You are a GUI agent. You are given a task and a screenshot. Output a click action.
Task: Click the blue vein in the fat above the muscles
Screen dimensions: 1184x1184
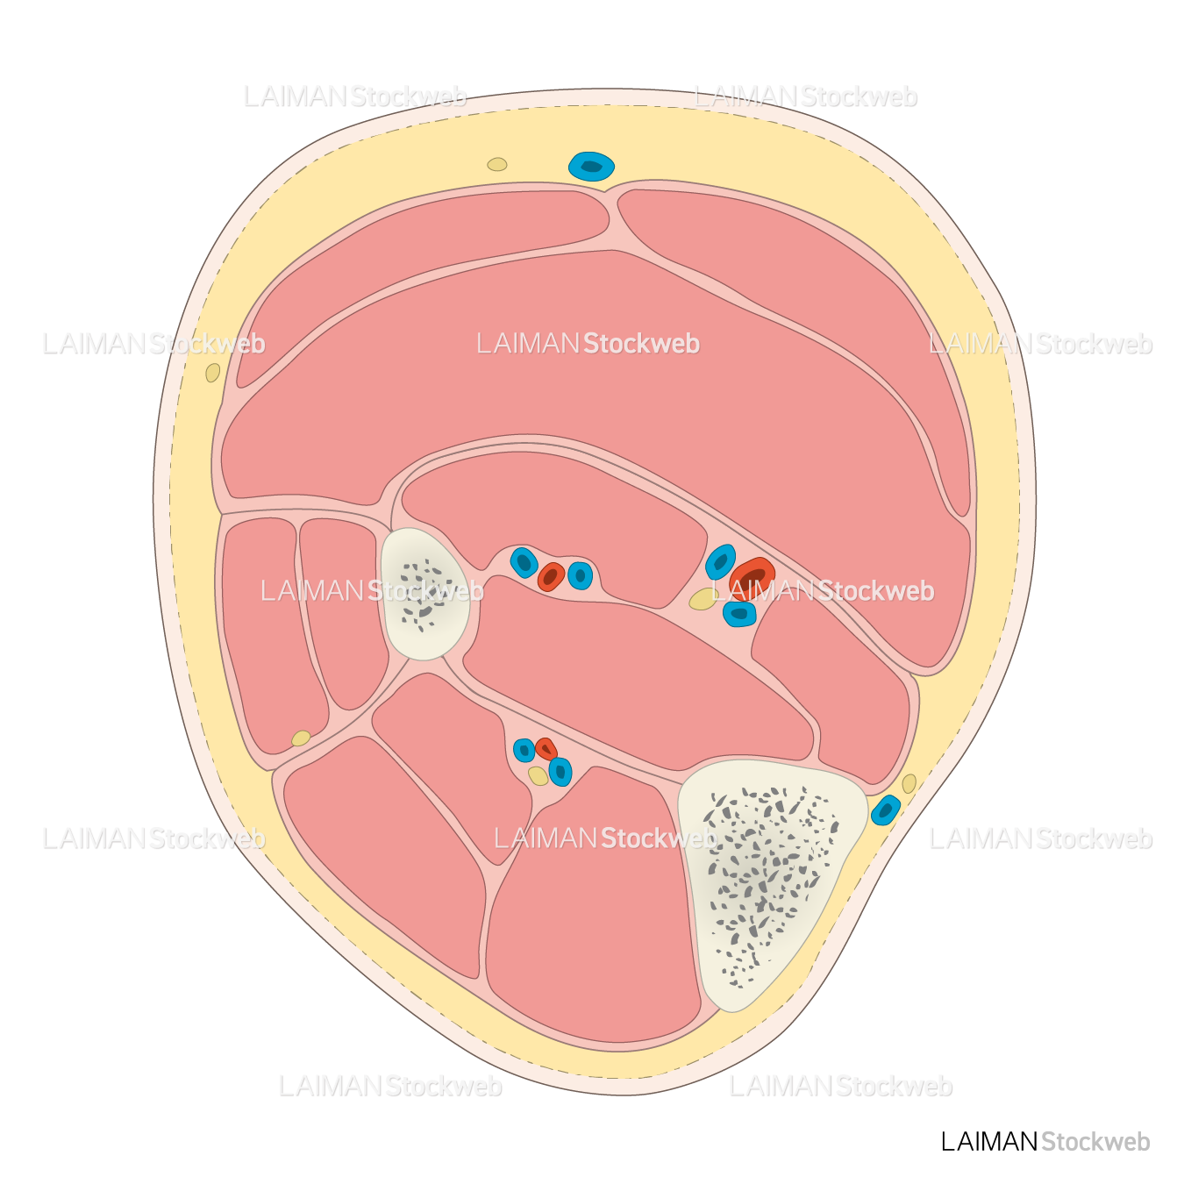pyautogui.click(x=591, y=166)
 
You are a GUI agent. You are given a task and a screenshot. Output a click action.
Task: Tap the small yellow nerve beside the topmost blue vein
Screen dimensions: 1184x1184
pyautogui.click(x=497, y=164)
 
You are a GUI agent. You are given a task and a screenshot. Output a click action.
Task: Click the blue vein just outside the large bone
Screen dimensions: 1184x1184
pyautogui.click(x=886, y=810)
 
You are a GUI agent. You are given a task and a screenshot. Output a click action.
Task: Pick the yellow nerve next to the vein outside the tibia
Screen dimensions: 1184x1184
pyautogui.click(x=909, y=783)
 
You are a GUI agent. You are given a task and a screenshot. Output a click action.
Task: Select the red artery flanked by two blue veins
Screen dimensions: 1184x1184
pyautogui.click(x=551, y=576)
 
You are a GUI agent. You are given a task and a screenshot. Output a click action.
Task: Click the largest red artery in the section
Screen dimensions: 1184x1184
pyautogui.click(x=752, y=575)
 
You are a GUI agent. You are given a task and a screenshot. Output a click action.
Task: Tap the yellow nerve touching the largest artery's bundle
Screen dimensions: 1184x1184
pyautogui.click(x=703, y=599)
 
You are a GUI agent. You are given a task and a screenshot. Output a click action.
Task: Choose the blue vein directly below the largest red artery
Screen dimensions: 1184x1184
pyautogui.click(x=739, y=614)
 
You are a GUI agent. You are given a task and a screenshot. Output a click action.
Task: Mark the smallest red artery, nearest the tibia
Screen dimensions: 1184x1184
pyautogui.click(x=546, y=749)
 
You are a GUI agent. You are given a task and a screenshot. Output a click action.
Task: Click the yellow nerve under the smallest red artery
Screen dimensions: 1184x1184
pyautogui.click(x=538, y=776)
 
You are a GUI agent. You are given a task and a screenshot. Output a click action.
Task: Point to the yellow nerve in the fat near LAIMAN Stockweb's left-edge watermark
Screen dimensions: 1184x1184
pyautogui.click(x=213, y=373)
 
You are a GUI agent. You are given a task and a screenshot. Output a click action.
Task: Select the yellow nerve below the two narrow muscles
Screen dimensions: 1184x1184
pyautogui.click(x=301, y=738)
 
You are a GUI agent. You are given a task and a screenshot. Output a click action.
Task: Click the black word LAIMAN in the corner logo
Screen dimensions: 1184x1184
pyautogui.click(x=988, y=1141)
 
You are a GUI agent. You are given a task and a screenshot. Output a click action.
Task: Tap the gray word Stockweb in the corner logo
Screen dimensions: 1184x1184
pyautogui.click(x=1095, y=1141)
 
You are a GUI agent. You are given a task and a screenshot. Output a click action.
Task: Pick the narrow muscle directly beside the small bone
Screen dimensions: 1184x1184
pyautogui.click(x=342, y=605)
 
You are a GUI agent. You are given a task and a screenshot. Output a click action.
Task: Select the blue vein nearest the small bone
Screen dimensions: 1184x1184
pyautogui.click(x=524, y=562)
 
